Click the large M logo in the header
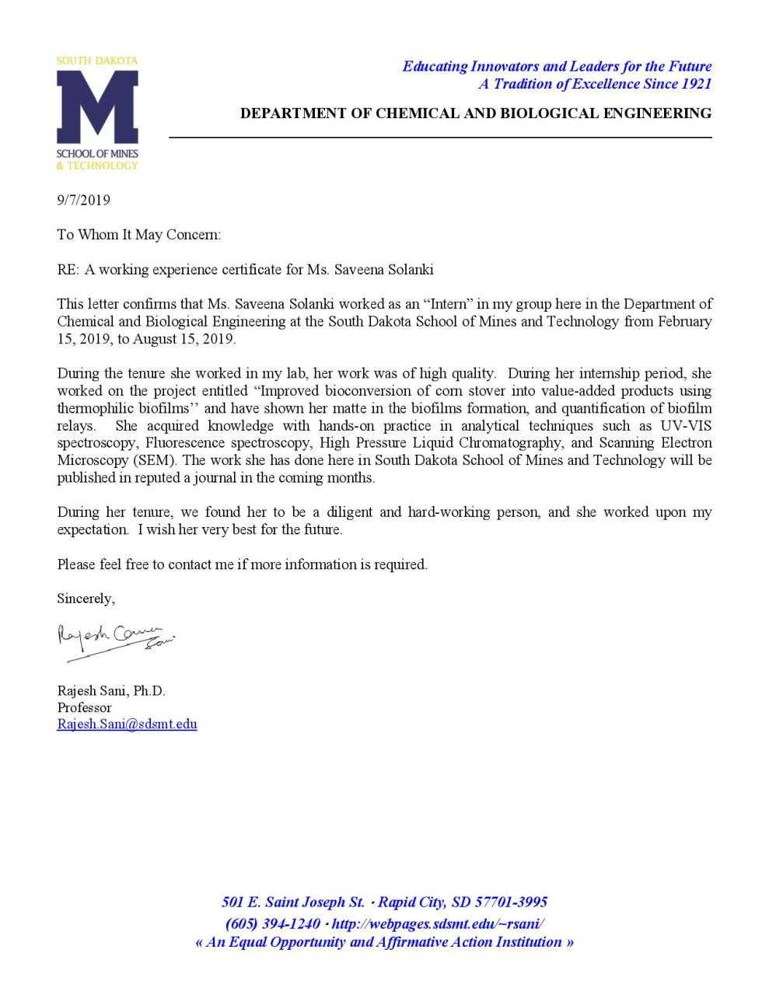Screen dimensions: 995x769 point(97,106)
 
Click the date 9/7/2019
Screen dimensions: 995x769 point(83,201)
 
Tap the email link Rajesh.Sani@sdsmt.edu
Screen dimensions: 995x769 point(127,724)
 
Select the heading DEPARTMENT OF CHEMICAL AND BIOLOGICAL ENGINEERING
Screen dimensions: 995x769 point(475,113)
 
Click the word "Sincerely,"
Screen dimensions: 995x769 point(86,599)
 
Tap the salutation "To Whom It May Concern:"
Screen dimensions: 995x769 point(139,235)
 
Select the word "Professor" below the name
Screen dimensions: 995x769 point(84,707)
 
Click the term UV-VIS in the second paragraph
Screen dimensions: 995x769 point(686,426)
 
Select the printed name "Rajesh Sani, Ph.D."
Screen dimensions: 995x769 point(111,690)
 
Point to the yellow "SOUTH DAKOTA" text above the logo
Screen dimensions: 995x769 point(97,61)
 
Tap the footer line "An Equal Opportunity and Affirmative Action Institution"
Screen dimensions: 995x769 point(384,942)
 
